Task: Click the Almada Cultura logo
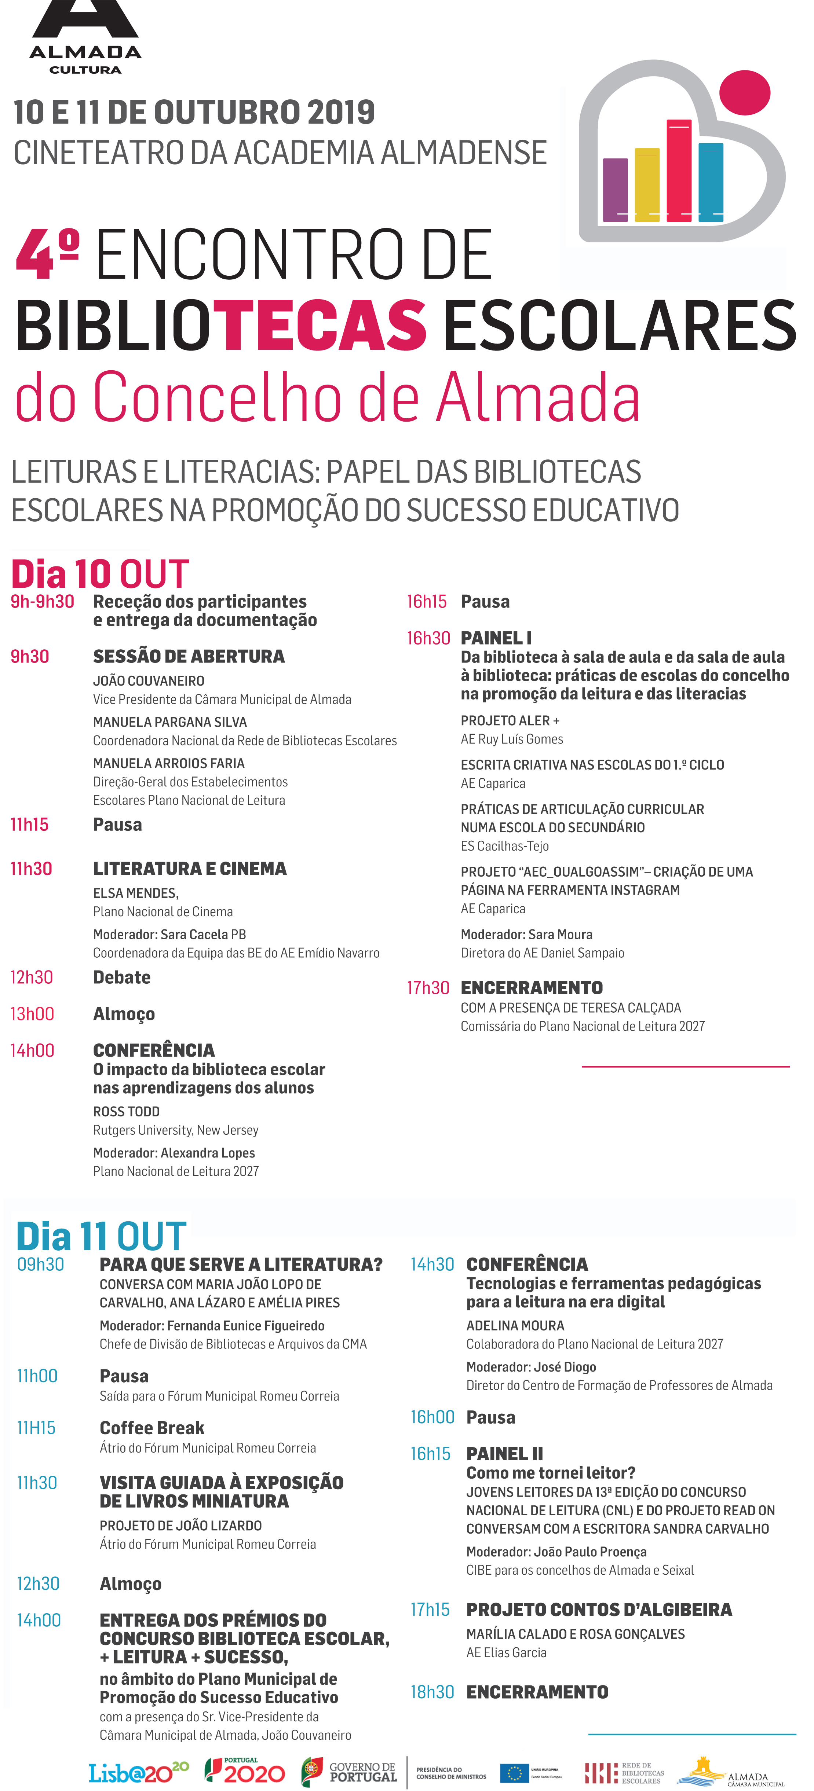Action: [x=85, y=38]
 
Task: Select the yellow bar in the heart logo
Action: [x=647, y=184]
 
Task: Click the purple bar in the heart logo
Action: [x=615, y=189]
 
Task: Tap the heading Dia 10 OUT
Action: [x=100, y=574]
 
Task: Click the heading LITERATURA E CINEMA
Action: [x=190, y=869]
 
